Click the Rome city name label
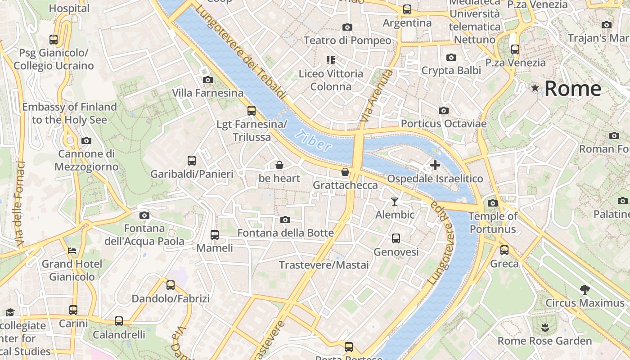coord(572,89)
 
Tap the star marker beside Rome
coord(535,88)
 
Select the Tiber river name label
coord(314,140)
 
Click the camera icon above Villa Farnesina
coord(207,80)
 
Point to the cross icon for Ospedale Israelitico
coord(435,165)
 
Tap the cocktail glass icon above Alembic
coord(395,201)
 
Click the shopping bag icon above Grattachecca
coord(345,172)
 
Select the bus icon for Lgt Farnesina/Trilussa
coord(252,110)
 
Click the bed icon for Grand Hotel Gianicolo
coord(72,250)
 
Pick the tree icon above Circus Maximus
coord(585,289)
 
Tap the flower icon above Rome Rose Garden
coord(545,327)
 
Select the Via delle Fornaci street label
coord(20,203)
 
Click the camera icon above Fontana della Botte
coord(285,220)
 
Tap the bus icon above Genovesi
coord(396,238)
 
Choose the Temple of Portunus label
coord(493,223)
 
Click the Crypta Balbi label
coord(451,70)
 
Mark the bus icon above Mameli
coord(215,234)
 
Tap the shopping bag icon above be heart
coord(279,165)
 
